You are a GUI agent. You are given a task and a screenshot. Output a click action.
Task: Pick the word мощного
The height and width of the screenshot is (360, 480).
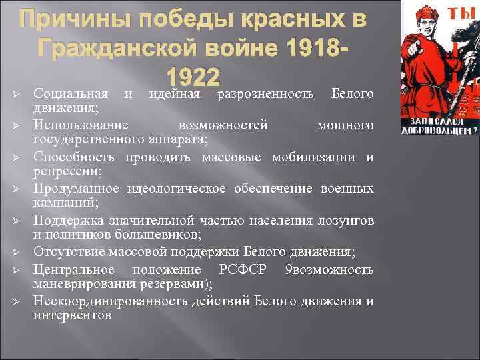(345, 125)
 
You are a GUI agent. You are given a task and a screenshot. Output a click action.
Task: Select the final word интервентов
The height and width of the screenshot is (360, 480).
(73, 315)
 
